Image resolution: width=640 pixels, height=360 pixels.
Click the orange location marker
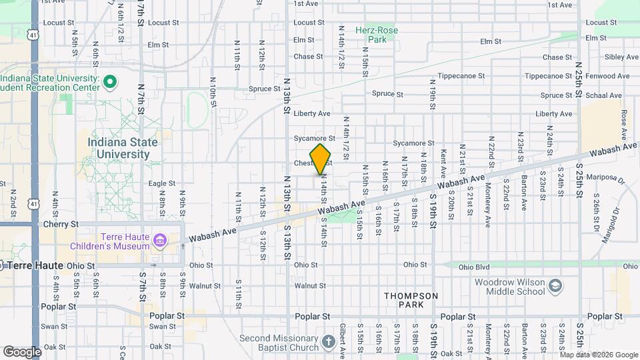(x=321, y=159)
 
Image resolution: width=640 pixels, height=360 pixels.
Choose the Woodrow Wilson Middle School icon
(x=555, y=287)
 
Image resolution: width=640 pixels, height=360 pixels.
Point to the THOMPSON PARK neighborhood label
(x=411, y=300)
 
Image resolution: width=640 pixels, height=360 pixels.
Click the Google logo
(x=22, y=351)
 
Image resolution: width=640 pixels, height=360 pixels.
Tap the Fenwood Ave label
(x=607, y=76)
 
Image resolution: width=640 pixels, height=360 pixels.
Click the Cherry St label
(x=65, y=225)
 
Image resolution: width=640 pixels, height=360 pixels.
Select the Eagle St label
(x=161, y=183)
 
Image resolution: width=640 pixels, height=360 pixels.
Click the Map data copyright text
(x=599, y=355)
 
